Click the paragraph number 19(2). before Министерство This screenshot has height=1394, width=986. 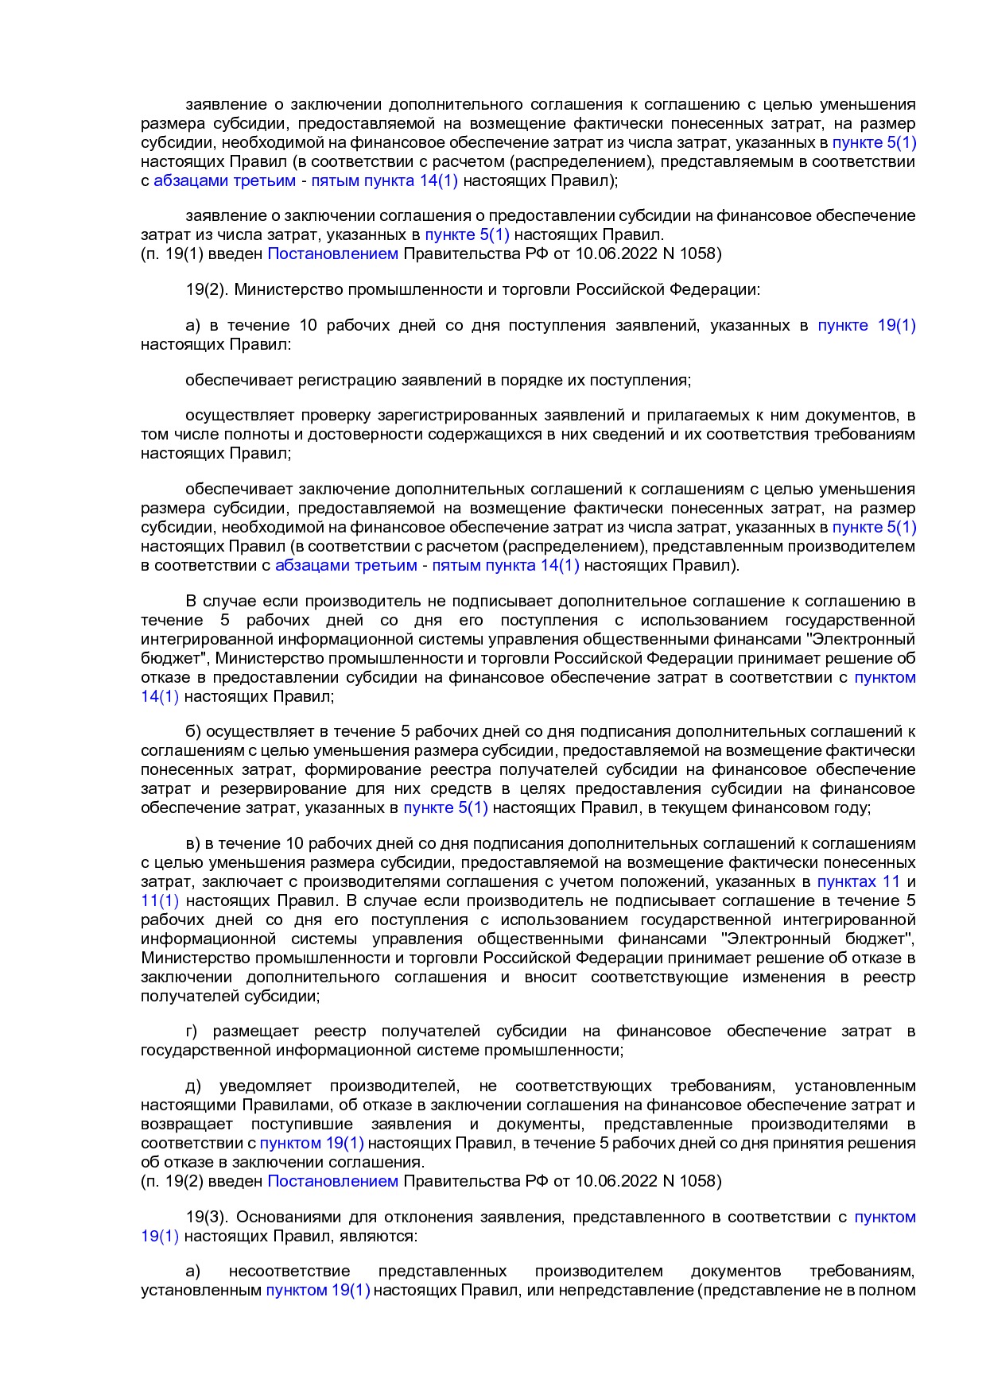point(207,289)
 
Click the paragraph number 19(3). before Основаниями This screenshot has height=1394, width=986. point(208,1217)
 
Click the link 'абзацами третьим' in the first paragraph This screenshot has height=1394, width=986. point(224,180)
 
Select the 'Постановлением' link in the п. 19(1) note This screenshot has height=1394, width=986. point(332,254)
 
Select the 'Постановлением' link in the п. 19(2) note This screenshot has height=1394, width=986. point(332,1181)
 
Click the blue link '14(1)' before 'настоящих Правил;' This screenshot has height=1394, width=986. point(160,696)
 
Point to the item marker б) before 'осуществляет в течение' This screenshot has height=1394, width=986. point(193,731)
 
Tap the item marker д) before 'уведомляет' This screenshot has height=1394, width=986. point(193,1086)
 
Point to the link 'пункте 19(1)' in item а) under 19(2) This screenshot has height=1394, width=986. point(866,325)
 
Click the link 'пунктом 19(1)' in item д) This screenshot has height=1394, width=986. point(311,1143)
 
